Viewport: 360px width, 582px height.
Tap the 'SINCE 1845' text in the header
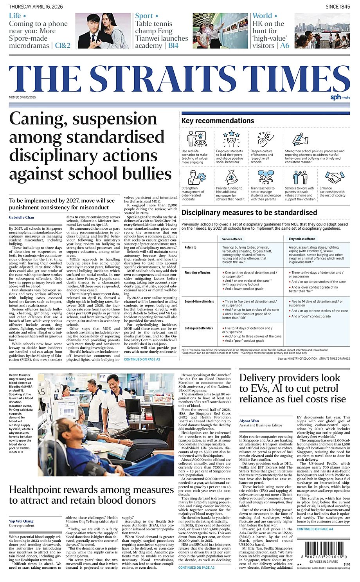[338, 7]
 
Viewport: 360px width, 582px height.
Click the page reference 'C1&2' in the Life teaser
[63, 45]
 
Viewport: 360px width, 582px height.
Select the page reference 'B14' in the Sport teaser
[173, 45]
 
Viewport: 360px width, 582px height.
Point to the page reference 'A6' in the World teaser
[284, 45]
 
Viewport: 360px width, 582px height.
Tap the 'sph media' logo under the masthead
[340, 97]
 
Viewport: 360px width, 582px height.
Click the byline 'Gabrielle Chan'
[22, 217]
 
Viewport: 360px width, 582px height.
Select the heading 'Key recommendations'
[218, 121]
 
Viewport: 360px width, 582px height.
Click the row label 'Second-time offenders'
[199, 301]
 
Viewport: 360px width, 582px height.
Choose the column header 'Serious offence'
[232, 239]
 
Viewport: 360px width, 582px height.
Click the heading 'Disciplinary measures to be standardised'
[249, 213]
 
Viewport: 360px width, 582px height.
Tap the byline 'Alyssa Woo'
[249, 421]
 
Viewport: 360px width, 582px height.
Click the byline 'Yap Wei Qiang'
[21, 521]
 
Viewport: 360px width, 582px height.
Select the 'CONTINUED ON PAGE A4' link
[315, 529]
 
